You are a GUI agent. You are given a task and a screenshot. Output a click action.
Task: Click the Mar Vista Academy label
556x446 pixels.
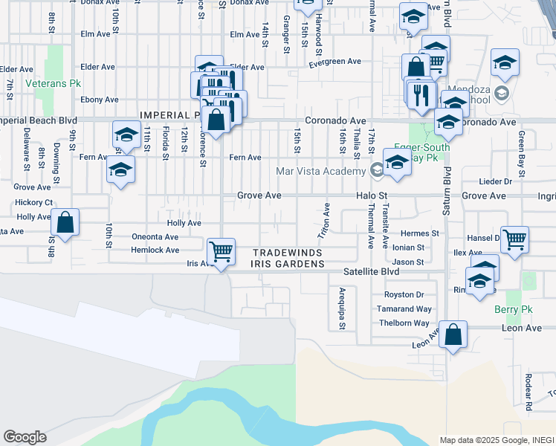point(322,171)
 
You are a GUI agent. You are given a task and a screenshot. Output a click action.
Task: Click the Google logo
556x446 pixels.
point(25,437)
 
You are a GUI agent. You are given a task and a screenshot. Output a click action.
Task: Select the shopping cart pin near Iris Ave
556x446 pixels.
point(221,251)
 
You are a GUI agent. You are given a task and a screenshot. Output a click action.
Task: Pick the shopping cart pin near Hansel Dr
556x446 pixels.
point(514,239)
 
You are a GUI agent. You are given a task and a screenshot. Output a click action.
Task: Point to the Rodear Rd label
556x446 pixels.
point(528,392)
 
